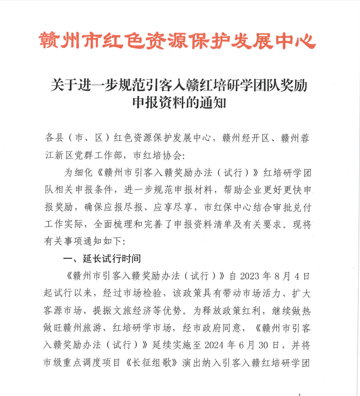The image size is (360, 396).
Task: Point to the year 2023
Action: (x=250, y=276)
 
